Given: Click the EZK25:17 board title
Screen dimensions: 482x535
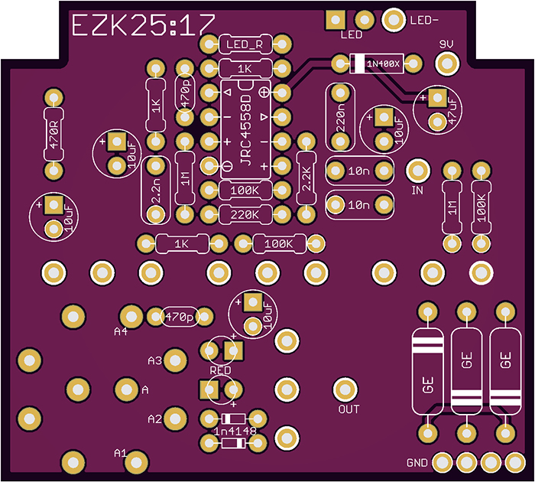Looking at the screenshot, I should [142, 27].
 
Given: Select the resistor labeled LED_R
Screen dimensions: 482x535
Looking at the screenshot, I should [245, 44].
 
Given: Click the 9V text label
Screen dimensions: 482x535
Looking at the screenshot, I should [446, 45].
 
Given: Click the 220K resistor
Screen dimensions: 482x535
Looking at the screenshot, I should [245, 215].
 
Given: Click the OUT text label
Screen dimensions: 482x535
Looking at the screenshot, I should [349, 409].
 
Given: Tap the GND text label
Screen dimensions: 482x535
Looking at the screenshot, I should [417, 463].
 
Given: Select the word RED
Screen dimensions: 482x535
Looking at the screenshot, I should [220, 370].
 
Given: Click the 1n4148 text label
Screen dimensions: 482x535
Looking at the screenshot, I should [234, 431].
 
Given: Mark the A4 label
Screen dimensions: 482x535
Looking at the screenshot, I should [120, 331].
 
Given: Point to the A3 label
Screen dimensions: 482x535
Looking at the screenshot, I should [154, 360].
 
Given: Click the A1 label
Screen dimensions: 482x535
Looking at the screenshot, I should [120, 452].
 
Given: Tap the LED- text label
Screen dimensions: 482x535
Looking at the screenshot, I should [423, 20].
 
